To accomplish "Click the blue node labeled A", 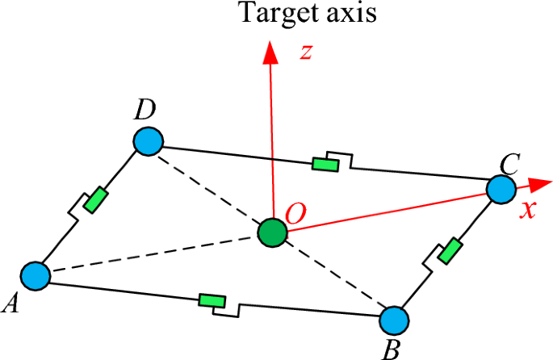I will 36,275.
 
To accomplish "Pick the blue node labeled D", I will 149,141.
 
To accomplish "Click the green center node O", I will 272,233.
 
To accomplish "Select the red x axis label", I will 529,209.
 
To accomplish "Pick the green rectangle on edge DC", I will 326,165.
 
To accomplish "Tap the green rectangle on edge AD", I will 95,199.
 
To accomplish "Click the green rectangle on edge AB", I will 212,301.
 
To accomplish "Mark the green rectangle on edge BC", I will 449,250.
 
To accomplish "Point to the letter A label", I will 11,303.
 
